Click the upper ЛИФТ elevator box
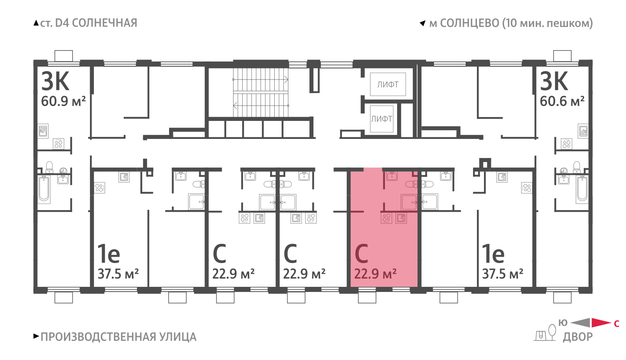pyautogui.click(x=388, y=84)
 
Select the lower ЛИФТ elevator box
pyautogui.click(x=382, y=119)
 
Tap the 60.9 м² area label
pyautogui.click(x=63, y=101)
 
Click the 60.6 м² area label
pyautogui.click(x=562, y=101)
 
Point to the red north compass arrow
pyautogui.click(x=601, y=322)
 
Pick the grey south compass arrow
pyautogui.click(x=581, y=322)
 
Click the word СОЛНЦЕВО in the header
pyautogui.click(x=469, y=23)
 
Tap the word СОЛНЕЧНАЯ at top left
pyautogui.click(x=104, y=23)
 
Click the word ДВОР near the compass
pyautogui.click(x=577, y=337)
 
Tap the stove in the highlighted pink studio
pyautogui.click(x=387, y=218)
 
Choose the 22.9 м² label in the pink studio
pyautogui.click(x=375, y=274)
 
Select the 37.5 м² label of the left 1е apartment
pyautogui.click(x=118, y=274)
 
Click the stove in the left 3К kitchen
pyautogui.click(x=58, y=144)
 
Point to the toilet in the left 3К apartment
pyautogui.click(x=49, y=167)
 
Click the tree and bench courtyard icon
pyautogui.click(x=545, y=333)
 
